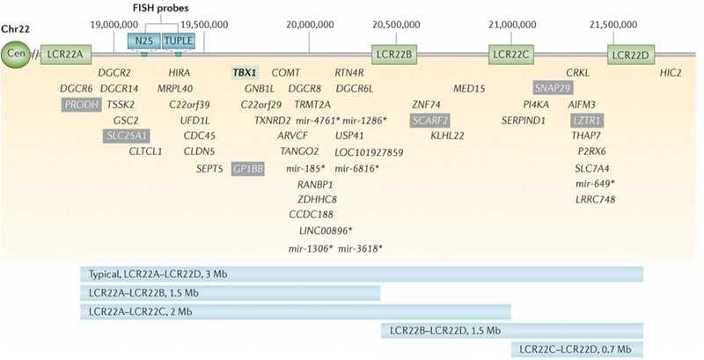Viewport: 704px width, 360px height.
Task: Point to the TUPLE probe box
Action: click(x=183, y=40)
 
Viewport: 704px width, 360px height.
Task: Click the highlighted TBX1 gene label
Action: click(x=246, y=72)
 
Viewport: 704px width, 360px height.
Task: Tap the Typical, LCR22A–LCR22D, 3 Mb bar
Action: click(x=361, y=273)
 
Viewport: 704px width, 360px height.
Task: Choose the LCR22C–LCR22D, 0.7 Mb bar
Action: click(x=576, y=349)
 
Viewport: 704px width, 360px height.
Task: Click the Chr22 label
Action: click(x=16, y=26)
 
